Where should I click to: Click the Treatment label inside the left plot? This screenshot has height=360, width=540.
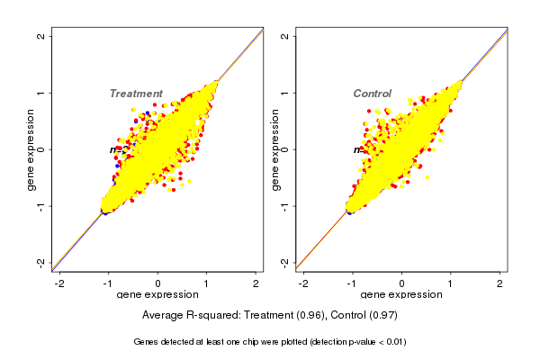(x=136, y=94)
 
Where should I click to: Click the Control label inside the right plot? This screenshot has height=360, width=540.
(x=372, y=94)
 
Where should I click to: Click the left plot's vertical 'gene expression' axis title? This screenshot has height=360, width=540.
(x=31, y=149)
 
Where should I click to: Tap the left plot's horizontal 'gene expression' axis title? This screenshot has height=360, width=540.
(x=158, y=295)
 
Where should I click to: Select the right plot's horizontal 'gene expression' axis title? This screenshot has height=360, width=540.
(x=401, y=295)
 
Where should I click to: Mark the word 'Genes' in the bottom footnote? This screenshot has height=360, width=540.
(x=147, y=342)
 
